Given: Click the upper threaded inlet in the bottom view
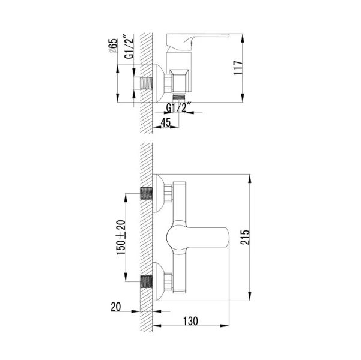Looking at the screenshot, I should pos(145,193).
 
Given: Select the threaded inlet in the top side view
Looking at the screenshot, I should pos(146,80).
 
